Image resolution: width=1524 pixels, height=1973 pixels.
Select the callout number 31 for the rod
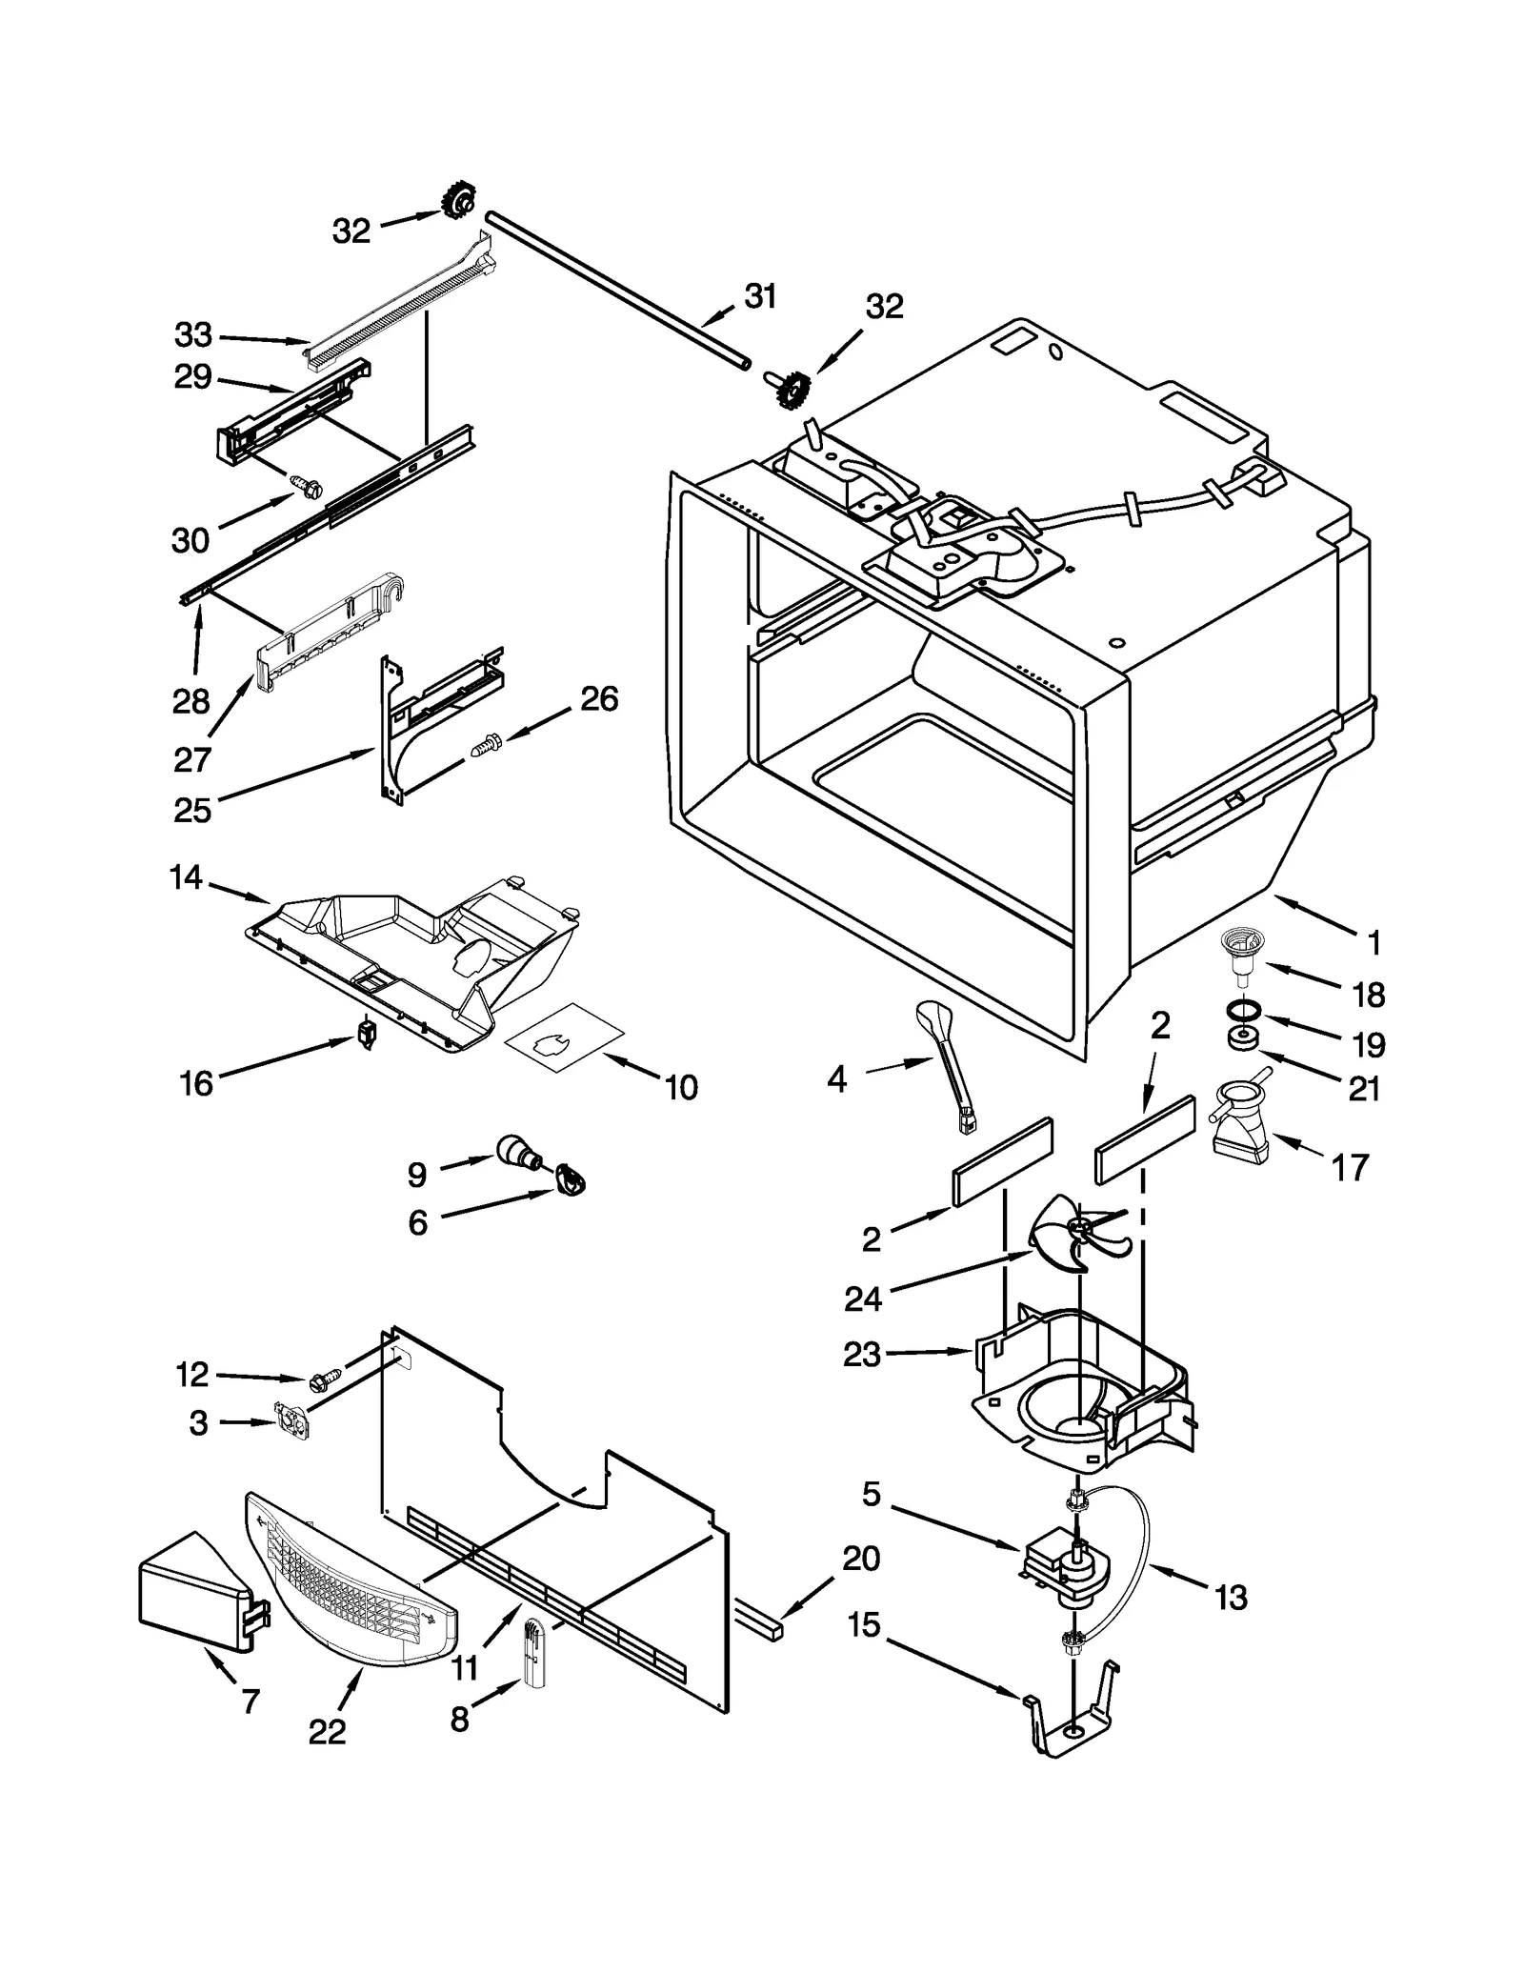(760, 297)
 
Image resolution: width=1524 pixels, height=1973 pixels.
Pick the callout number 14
(186, 876)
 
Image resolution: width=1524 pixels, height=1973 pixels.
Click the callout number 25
(192, 810)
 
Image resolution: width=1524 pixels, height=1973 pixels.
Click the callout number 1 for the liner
(1373, 943)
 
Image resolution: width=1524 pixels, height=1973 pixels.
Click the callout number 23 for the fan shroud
(862, 1354)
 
